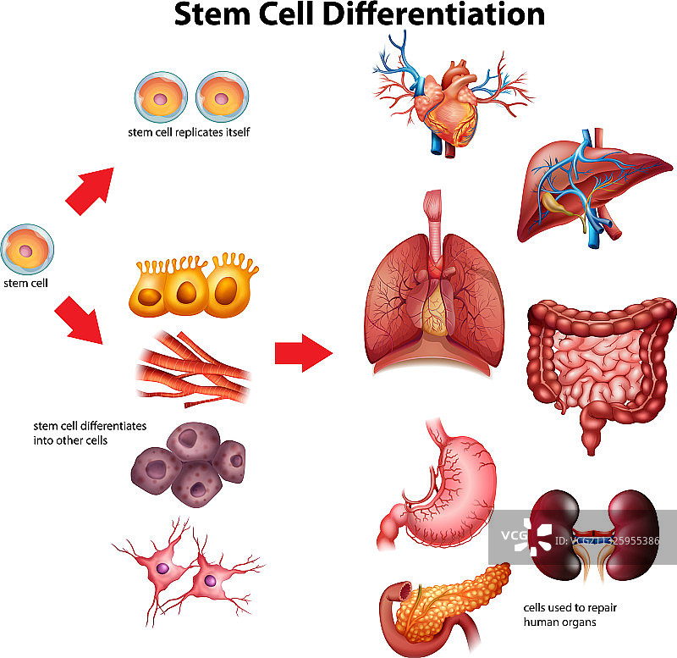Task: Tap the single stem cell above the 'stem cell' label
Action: (x=28, y=251)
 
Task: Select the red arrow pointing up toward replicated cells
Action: (x=91, y=190)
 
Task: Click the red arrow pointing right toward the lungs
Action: (x=303, y=353)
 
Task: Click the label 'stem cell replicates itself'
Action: (x=188, y=132)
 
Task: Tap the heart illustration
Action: (x=449, y=106)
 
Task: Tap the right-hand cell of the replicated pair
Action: (x=222, y=96)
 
